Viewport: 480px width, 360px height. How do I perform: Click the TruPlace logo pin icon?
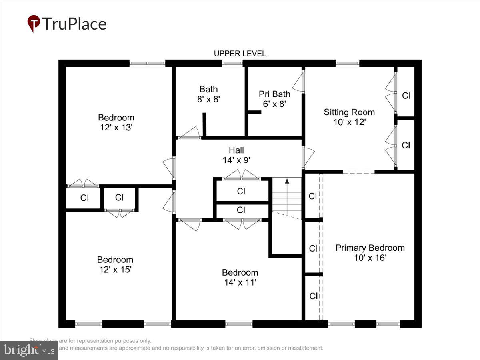coord(34,24)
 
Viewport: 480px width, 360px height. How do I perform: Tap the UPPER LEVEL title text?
coord(240,54)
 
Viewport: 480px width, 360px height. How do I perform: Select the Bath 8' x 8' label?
coord(209,94)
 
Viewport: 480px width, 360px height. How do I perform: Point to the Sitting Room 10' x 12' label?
coord(349,117)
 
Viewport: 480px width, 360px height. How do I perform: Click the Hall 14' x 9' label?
coord(236,155)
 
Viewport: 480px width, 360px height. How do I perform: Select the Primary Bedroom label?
coord(370,252)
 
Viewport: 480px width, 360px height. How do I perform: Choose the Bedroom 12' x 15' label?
coord(115,264)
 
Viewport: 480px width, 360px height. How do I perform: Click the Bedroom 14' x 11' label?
coord(240,277)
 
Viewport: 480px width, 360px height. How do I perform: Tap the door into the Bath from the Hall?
coord(190,133)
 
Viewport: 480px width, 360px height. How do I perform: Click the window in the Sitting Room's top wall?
coord(347,63)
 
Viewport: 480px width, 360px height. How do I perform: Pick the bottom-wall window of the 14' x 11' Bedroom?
coord(239,324)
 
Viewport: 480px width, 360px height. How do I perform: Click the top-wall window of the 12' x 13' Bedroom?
coord(147,63)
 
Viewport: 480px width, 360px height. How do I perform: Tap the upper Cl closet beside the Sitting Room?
coord(406,96)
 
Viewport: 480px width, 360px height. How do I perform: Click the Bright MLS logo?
coord(29,350)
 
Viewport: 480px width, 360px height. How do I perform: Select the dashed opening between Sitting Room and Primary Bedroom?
coord(358,172)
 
